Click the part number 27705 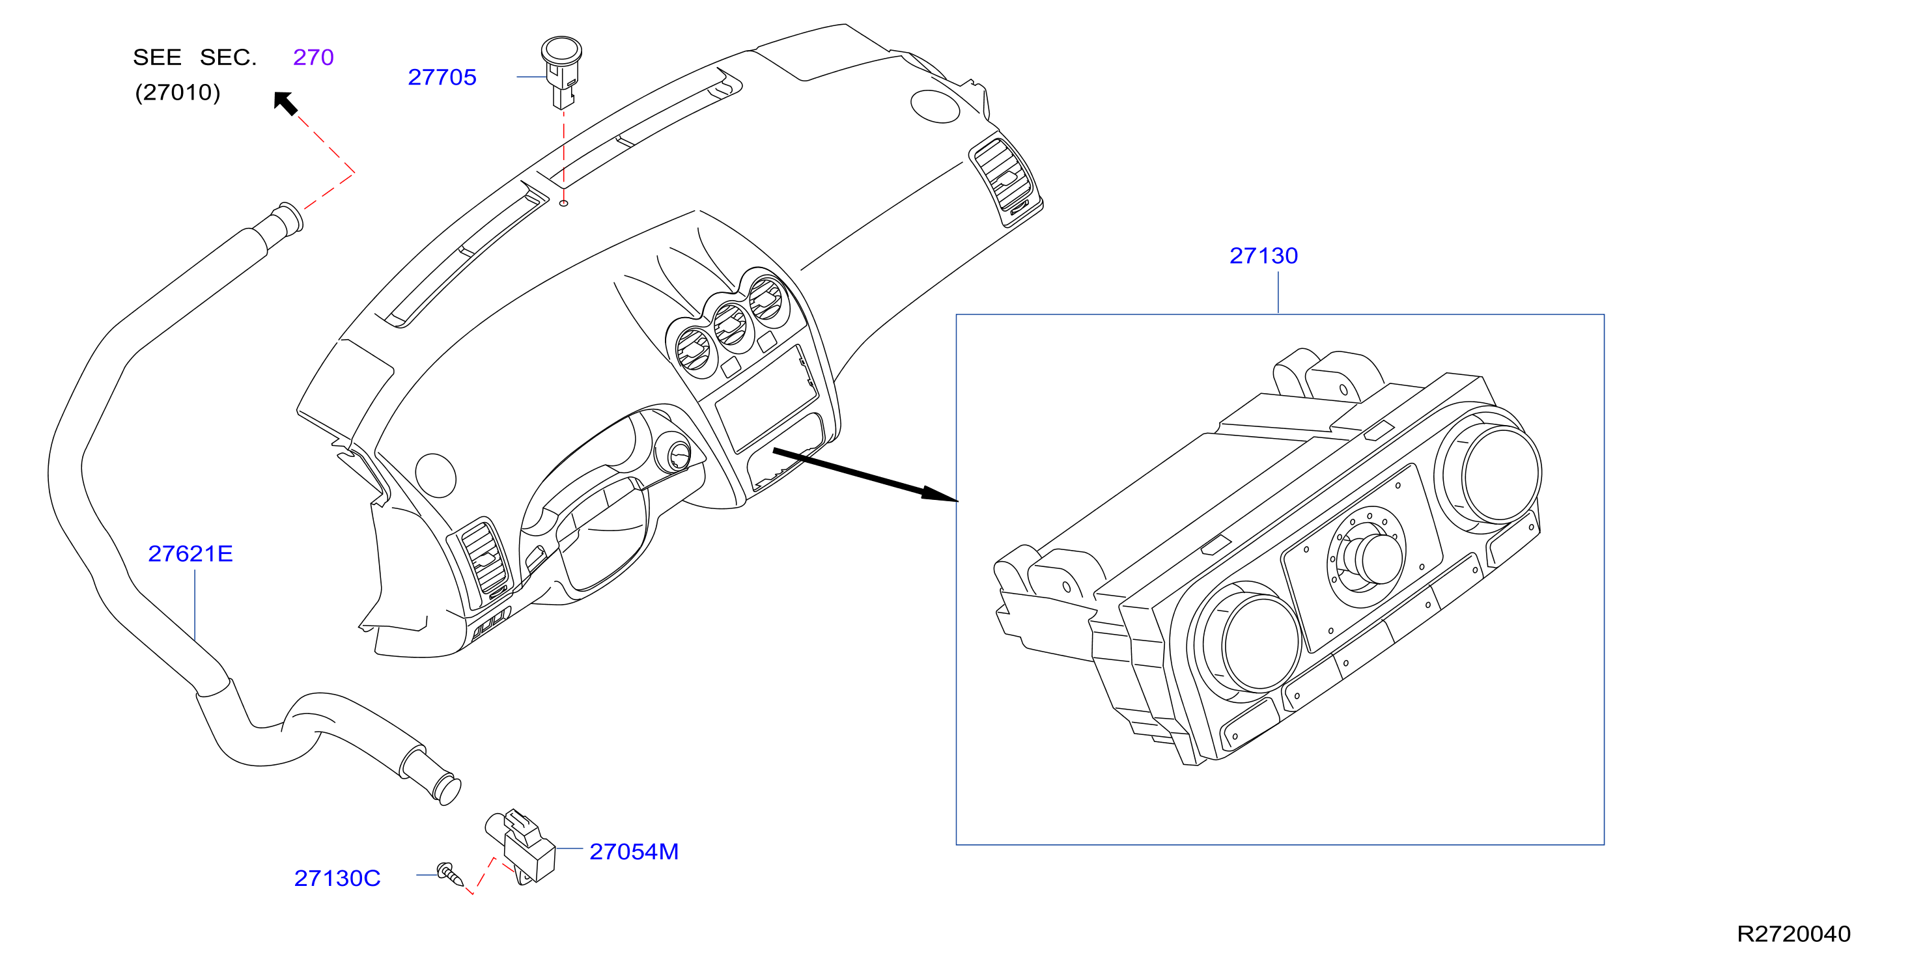pos(442,77)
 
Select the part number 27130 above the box pos(1263,256)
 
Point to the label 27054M pos(634,851)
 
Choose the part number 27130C pos(337,878)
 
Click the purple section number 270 pos(313,57)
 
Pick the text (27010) pos(178,92)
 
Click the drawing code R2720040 pos(1793,934)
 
